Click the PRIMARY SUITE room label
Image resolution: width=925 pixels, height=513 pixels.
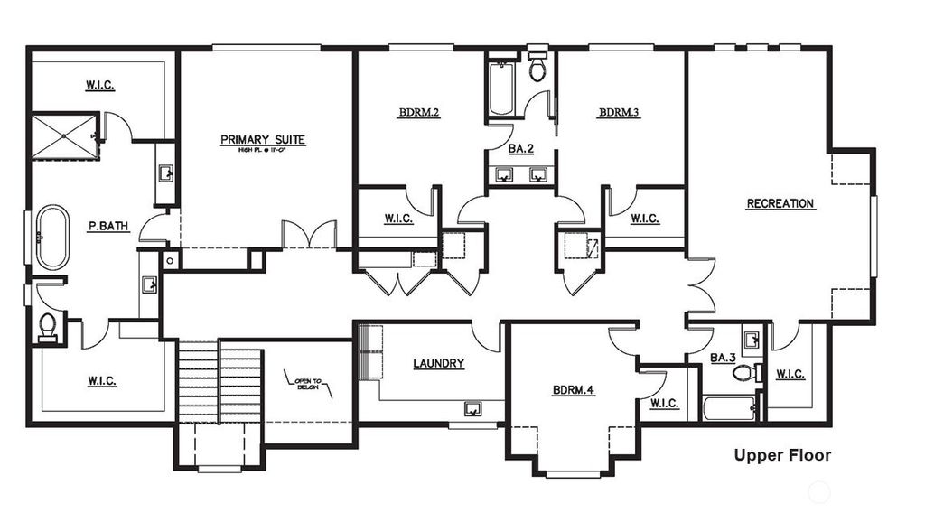coord(263,140)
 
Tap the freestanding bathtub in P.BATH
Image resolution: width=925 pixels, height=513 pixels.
coord(51,238)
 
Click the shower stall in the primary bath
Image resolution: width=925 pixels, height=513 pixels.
coord(64,135)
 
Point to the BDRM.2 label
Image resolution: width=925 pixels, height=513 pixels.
coord(418,113)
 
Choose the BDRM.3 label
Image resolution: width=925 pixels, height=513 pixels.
coord(619,113)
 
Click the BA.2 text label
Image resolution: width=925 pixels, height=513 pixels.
coord(519,149)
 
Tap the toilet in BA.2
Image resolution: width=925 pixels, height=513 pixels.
coord(537,69)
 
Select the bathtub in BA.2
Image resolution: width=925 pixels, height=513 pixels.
coord(500,89)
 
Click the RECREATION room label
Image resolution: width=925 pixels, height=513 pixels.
coord(780,204)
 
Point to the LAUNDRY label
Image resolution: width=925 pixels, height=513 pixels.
coord(438,364)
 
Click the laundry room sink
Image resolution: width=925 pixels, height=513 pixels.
coord(473,408)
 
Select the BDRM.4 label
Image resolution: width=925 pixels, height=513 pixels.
coord(574,391)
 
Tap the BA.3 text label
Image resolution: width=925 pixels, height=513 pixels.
coord(723,359)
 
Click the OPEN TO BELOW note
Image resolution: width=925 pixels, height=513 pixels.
coord(308,383)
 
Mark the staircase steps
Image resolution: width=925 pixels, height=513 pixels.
coord(218,381)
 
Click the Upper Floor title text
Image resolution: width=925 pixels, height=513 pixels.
coord(781,455)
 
